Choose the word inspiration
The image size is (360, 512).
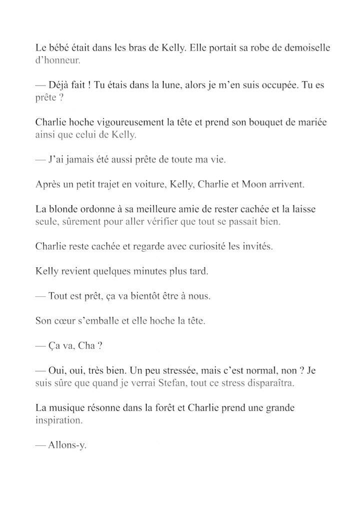pyautogui.click(x=58, y=420)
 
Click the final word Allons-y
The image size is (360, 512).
pyautogui.click(x=68, y=445)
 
